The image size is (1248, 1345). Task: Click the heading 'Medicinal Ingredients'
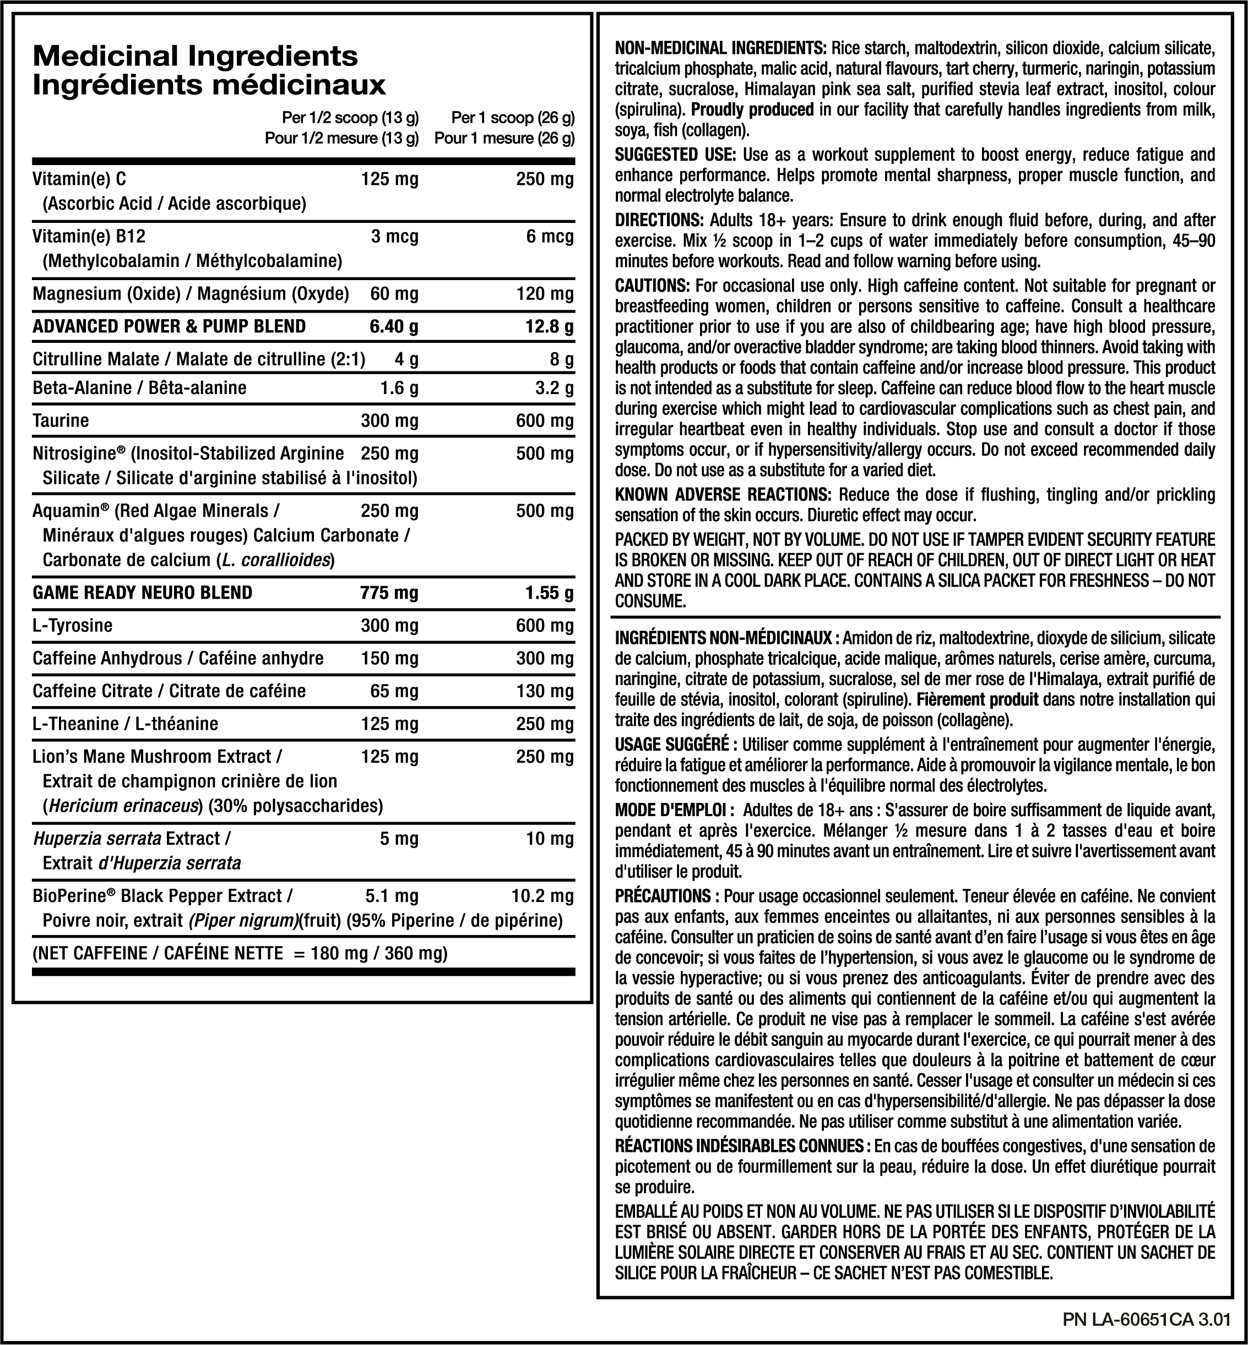(195, 56)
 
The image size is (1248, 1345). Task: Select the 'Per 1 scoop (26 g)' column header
(513, 118)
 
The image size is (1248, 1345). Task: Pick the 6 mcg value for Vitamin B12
(550, 237)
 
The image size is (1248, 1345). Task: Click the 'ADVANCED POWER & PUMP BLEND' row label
(169, 327)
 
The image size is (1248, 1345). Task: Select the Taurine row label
(61, 421)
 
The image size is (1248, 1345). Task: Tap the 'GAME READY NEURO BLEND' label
(143, 593)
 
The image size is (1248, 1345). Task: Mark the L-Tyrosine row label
(72, 626)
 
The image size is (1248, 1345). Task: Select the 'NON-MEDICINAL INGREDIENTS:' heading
(720, 48)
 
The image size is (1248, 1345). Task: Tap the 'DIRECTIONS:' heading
(659, 221)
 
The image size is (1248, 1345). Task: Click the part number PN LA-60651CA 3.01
(1146, 1319)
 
